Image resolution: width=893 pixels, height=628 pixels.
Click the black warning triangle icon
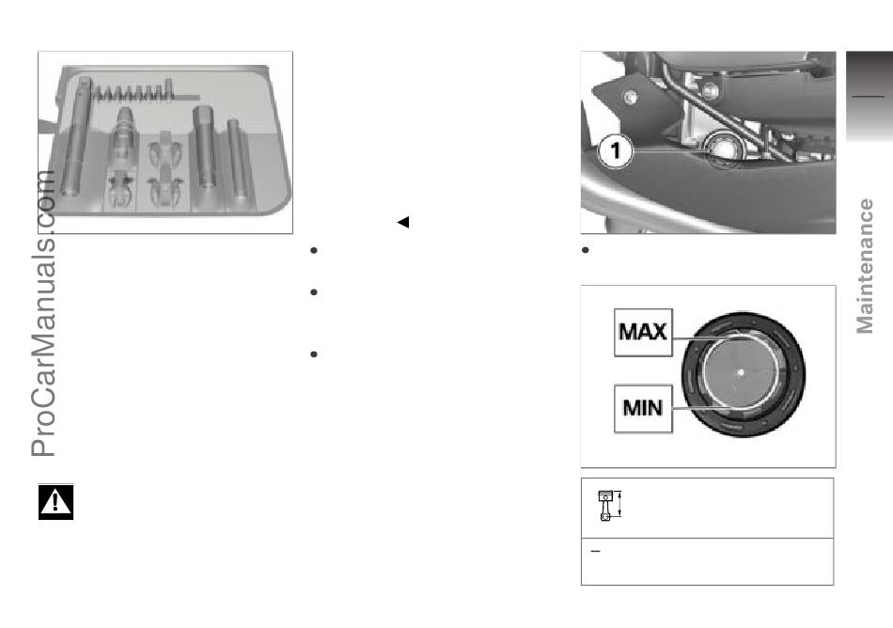(55, 502)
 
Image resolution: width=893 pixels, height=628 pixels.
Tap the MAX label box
(643, 333)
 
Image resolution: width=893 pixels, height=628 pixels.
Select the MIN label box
(643, 408)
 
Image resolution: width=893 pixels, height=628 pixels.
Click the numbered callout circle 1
(616, 150)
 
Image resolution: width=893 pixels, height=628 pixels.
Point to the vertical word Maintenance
(865, 266)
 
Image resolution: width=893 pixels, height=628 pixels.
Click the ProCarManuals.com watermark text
(43, 313)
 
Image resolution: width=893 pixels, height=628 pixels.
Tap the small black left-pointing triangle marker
(403, 222)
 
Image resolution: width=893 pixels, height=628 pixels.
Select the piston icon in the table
(609, 505)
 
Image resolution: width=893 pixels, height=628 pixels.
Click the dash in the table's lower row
(596, 551)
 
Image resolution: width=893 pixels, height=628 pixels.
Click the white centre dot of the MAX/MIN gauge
(741, 373)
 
